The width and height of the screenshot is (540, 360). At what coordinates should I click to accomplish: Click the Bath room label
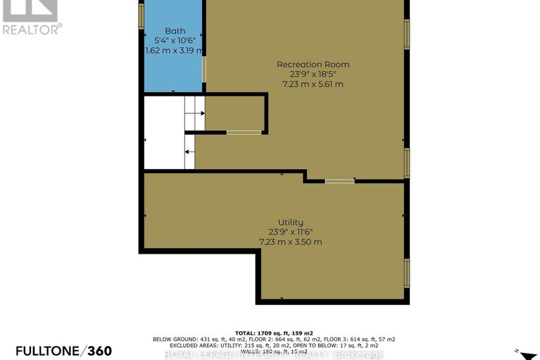tap(175, 31)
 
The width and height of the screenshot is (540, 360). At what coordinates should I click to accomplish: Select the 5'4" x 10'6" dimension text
tap(175, 41)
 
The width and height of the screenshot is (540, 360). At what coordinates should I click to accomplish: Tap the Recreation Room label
tap(313, 65)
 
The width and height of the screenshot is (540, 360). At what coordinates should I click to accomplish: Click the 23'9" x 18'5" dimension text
tap(313, 75)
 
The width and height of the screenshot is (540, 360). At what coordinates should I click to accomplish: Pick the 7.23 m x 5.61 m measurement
tap(313, 85)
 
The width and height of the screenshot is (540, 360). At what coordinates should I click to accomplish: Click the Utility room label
tap(290, 223)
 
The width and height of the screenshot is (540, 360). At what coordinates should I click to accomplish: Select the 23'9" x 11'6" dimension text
tap(290, 232)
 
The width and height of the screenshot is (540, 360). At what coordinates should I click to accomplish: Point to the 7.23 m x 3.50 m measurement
tap(290, 242)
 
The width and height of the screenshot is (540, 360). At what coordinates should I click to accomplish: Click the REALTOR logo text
tap(32, 29)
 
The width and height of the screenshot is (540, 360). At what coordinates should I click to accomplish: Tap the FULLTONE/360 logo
tap(56, 351)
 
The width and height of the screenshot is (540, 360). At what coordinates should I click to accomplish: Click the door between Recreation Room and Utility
tap(339, 181)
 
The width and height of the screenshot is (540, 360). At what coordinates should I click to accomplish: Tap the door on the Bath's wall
tap(205, 69)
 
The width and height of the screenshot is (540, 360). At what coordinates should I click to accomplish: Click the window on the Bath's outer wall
tap(141, 15)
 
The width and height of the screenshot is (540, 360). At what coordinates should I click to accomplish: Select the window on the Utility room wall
tap(407, 273)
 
